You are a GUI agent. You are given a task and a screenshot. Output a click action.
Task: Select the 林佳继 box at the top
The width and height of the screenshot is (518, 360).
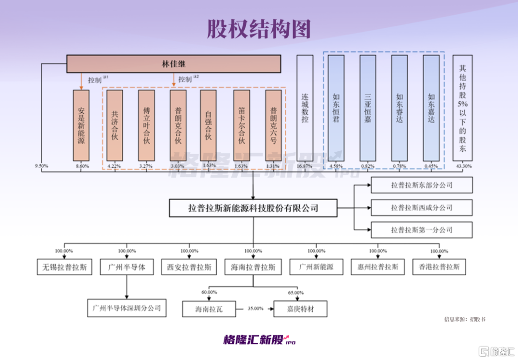coord(174,64)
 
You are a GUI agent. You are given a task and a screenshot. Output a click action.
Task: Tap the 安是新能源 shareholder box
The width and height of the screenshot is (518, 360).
coord(81,125)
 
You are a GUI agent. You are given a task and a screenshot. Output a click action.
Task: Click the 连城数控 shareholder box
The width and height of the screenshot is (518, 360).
coord(305,108)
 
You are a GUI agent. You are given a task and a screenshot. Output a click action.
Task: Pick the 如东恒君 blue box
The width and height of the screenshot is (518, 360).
coord(336,108)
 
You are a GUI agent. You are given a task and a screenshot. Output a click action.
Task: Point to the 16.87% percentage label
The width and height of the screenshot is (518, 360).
coord(305,166)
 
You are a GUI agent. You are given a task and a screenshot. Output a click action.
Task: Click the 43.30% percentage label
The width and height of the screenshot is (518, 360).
coord(462,166)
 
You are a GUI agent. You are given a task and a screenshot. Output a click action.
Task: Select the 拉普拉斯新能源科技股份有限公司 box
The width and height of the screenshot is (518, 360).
coord(253,208)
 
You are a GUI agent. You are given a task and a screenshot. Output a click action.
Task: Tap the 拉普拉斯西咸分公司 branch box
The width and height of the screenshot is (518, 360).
coord(422,208)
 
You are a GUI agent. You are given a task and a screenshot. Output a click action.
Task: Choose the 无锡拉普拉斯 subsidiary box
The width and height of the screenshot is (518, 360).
coord(64,267)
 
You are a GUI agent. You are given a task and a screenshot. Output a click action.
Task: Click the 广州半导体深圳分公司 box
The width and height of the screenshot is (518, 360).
coord(127,308)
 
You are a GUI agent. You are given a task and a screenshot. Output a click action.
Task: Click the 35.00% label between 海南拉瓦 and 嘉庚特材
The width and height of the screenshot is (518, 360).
coord(256,309)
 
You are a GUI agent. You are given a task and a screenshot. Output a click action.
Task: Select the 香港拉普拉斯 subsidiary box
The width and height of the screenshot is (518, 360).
coord(439,267)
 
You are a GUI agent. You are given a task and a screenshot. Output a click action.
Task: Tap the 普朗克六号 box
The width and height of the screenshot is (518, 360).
coord(273,125)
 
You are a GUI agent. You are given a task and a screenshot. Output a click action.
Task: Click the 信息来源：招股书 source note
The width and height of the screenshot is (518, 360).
coord(464,319)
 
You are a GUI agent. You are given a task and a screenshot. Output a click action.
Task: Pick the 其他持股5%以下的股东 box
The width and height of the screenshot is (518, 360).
coord(462,108)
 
